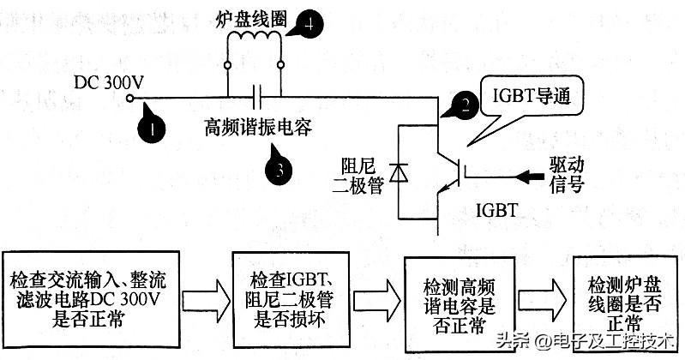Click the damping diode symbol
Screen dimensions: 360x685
(x=397, y=173)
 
